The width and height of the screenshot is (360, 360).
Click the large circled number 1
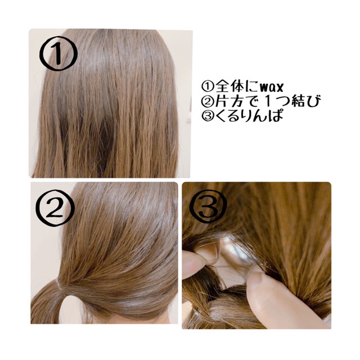58,53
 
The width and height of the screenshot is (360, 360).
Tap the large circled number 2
55,208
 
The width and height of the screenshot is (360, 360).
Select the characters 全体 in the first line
229,87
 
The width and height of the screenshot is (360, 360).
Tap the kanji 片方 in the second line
229,101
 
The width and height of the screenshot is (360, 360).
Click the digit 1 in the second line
268,101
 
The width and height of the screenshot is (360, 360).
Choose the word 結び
305,101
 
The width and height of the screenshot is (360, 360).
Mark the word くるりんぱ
249,115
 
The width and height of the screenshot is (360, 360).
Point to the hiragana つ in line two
282,101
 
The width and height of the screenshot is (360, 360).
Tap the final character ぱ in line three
276,115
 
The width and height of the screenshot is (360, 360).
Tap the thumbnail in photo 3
256,276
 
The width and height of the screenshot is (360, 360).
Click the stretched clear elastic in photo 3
236,253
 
